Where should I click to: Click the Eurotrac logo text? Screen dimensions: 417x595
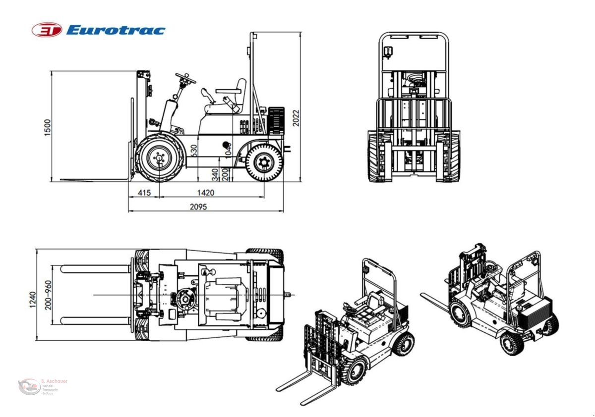tap(115, 30)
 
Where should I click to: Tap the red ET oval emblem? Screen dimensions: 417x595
tap(47, 30)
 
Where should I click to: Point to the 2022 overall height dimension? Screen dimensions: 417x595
tap(296, 117)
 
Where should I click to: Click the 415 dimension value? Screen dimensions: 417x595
tap(144, 192)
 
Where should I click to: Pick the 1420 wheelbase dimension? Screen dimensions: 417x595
tap(205, 192)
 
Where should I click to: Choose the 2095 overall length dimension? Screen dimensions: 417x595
tap(198, 207)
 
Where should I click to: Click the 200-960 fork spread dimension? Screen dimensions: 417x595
tap(48, 295)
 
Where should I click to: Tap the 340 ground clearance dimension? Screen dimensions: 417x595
tap(215, 174)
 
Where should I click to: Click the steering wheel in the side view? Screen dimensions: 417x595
tap(185, 78)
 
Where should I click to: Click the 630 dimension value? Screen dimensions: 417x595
tap(194, 150)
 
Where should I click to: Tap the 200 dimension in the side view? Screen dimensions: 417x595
tap(226, 175)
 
